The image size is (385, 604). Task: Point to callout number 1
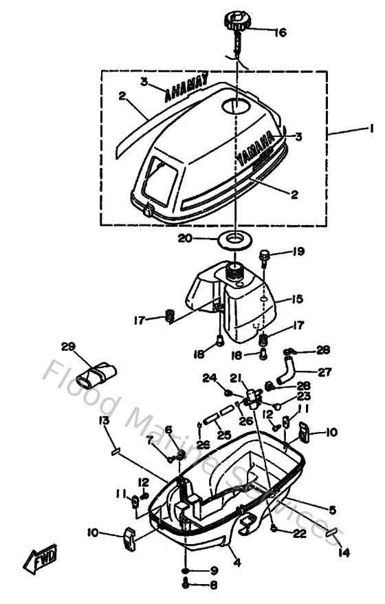point(371,128)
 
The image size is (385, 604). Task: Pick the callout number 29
point(67,348)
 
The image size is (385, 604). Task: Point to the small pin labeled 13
point(116,452)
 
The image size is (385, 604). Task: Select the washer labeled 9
point(186,571)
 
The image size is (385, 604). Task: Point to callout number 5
point(332,510)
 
